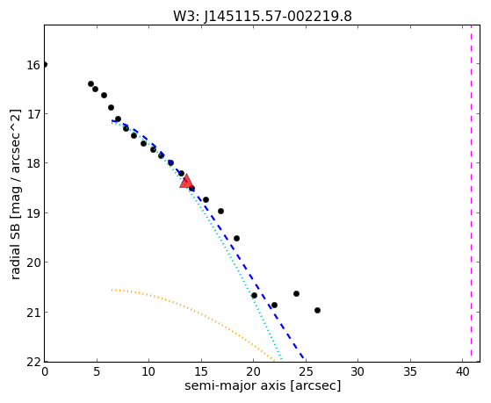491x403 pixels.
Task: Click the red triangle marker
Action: click(186, 182)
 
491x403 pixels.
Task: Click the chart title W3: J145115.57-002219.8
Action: click(263, 16)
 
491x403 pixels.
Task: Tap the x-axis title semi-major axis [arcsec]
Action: click(263, 385)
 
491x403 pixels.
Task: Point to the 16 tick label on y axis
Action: click(33, 65)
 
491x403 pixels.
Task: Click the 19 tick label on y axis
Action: click(33, 213)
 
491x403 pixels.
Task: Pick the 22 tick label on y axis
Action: click(33, 363)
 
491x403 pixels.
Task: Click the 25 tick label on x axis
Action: click(306, 371)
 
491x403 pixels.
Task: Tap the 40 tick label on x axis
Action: click(462, 371)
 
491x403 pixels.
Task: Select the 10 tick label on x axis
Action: click(148, 371)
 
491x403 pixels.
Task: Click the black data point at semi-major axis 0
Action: click(45, 64)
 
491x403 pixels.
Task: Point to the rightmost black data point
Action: click(317, 310)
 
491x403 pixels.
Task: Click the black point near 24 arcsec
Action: click(296, 294)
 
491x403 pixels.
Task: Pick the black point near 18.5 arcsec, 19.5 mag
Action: click(237, 238)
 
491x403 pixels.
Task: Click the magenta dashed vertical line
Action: click(471, 193)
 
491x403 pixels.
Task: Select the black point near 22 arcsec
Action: click(274, 305)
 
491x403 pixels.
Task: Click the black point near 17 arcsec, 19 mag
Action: click(220, 211)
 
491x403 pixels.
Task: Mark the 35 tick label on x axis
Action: click(410, 371)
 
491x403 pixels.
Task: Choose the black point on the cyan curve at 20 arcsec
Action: click(254, 295)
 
